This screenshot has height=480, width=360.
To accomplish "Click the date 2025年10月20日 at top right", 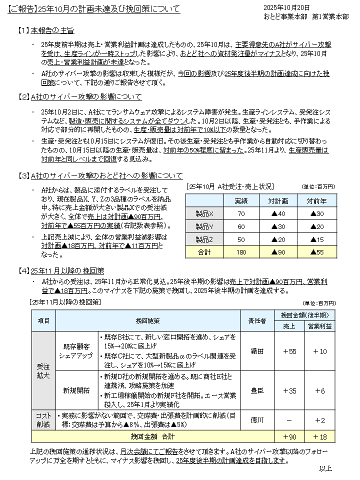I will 286,7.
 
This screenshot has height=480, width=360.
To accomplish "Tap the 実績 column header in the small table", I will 241,200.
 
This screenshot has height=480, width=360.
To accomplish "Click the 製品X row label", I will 205,213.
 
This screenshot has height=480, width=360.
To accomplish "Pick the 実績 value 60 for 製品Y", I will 241,226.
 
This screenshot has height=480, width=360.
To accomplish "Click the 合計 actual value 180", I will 241,252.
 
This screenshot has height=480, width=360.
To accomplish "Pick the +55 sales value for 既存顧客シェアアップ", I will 290,351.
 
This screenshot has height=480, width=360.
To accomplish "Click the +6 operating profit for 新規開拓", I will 319,390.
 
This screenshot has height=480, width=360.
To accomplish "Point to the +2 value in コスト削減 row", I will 319,420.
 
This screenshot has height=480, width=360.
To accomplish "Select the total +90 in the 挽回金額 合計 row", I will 290,436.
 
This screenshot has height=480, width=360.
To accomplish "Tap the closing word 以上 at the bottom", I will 325,468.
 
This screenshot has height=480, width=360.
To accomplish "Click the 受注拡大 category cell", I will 43,370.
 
